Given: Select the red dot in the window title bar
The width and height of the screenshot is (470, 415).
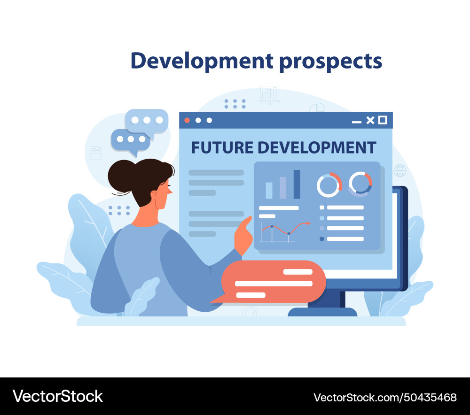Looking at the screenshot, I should (x=187, y=120).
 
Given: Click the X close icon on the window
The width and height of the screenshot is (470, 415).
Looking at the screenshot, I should (x=370, y=120).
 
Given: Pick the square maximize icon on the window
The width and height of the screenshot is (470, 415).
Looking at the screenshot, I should (x=383, y=120).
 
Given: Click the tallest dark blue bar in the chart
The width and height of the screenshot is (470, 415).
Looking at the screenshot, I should (x=297, y=184).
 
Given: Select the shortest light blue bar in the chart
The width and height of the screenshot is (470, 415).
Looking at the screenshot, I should (x=269, y=190).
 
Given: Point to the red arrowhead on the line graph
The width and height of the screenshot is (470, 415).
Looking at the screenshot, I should (x=308, y=223).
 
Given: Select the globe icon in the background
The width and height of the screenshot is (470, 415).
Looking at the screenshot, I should (x=400, y=170).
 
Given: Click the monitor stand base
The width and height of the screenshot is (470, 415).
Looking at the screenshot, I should (x=322, y=312).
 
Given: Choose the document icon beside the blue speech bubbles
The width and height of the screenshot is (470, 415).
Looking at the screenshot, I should (x=96, y=153).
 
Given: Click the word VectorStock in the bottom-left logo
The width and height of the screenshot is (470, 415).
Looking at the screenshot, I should (x=57, y=396).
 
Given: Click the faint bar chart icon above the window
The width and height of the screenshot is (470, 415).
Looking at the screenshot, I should (x=270, y=94).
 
